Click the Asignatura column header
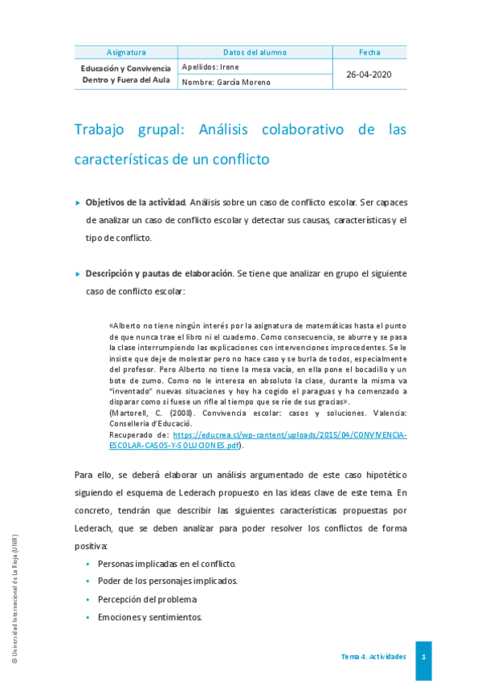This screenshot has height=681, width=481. coord(126,52)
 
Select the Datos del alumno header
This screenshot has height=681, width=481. coord(255,52)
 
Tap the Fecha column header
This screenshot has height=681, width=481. coord(369,52)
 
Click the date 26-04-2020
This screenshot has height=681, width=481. coord(369,74)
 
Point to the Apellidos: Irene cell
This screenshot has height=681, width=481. coord(211,67)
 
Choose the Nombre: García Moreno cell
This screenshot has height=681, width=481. coord(226,82)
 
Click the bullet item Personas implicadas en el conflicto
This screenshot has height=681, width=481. coord(166,563)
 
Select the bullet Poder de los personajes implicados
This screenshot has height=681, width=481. coord(167,581)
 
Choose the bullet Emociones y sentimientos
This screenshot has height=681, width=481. coord(150,618)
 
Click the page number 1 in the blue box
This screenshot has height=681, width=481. coord(423,657)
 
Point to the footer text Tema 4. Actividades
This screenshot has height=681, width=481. coord(373,657)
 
